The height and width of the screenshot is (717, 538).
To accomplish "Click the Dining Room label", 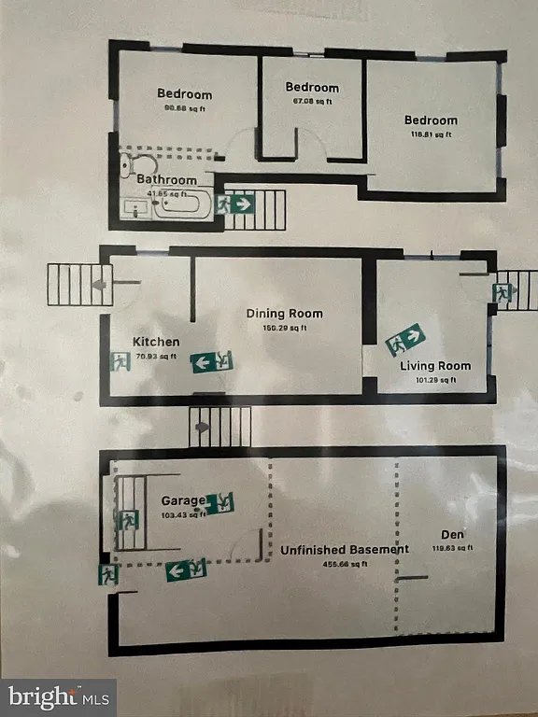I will pos(284,314).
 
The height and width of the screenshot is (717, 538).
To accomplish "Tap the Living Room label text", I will pos(435,366).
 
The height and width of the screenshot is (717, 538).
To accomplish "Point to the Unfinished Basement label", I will pos(345,550).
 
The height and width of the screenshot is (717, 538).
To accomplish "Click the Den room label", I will pos(453,535).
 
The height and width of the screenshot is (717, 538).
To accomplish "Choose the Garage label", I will pos(183,500).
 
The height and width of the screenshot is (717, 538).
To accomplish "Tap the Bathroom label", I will pos(167,179).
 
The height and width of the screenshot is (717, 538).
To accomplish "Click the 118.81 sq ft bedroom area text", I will pos(432,134).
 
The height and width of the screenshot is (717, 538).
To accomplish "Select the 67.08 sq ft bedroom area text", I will pos(313,101).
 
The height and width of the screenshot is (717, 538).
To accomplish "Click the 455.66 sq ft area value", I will pos(345,564).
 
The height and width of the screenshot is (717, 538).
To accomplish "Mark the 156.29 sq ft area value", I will pos(284,328).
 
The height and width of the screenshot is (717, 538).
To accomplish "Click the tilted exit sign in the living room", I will pos(406,340).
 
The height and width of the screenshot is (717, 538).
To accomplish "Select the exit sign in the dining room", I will pos(212,362).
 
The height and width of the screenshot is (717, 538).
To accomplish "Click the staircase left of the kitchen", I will pos(78,285).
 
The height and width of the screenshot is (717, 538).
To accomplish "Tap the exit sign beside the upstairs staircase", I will pos(236,203).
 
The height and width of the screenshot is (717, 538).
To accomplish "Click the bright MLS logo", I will pos(58,696).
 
